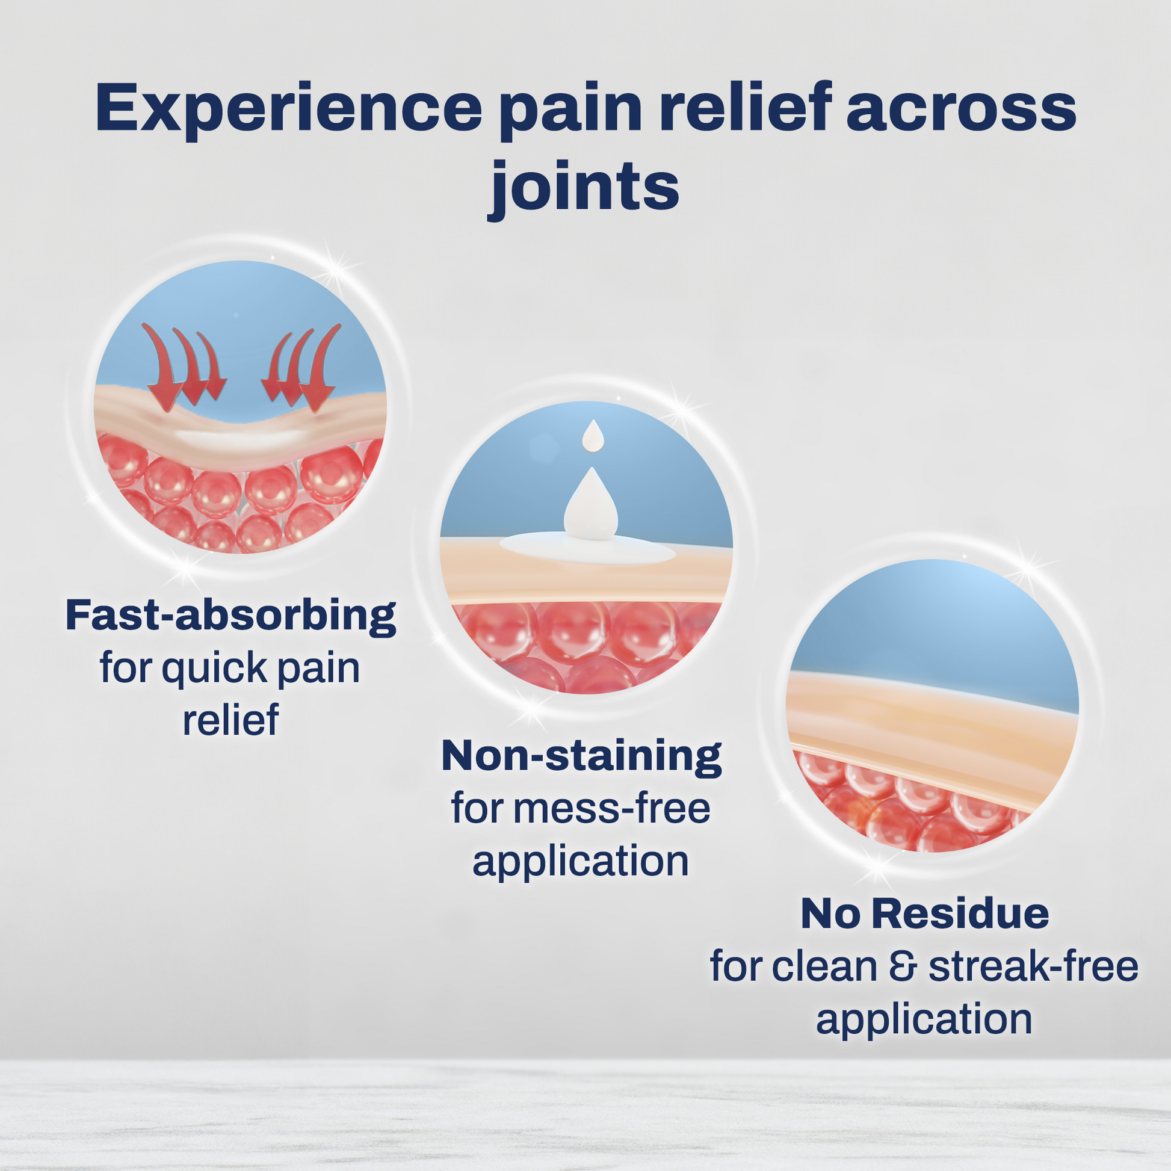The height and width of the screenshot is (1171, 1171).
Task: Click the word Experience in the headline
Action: [x=288, y=109]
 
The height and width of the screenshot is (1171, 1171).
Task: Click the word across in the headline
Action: [x=960, y=109]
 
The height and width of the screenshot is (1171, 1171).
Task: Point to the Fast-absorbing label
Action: [x=230, y=616]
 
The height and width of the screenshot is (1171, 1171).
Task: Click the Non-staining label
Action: [x=581, y=756]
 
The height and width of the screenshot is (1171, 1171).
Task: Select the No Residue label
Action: [x=924, y=913]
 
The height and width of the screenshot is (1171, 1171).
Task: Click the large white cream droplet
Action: [x=590, y=506]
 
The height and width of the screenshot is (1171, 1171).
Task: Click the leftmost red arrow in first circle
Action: [x=161, y=369]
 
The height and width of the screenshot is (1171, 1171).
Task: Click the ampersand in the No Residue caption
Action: [x=903, y=966]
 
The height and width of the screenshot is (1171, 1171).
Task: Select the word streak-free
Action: [x=1033, y=966]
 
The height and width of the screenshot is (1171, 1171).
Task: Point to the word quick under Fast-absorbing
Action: [x=215, y=669]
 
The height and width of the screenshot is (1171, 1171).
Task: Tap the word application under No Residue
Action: [x=924, y=1019]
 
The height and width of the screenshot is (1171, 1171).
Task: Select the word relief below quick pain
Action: [x=230, y=720]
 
